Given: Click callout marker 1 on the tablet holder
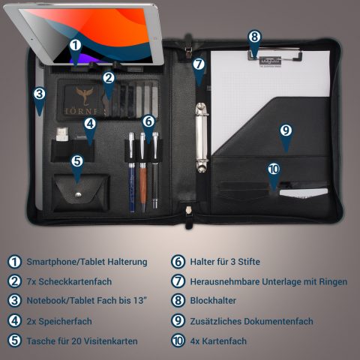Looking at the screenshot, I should (75, 46).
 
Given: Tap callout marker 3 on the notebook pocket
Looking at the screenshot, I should (39, 94).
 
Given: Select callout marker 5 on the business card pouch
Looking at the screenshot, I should (78, 160).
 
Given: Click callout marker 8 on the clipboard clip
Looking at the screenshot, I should (254, 37).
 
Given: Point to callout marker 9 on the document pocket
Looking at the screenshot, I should (285, 130).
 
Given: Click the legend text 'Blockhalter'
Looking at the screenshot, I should (214, 301).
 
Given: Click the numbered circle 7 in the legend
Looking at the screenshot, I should (178, 282).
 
